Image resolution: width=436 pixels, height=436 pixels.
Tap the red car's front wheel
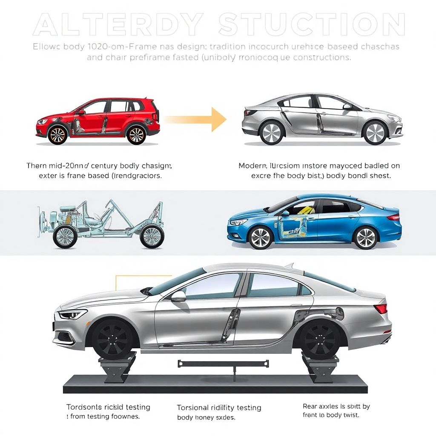57,134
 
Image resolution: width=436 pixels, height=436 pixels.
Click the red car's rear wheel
136,134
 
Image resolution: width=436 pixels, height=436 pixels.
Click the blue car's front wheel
261,237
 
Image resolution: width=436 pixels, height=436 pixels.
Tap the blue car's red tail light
393,217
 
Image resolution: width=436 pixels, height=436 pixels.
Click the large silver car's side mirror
178,296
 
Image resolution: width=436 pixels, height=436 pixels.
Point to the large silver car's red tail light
381,308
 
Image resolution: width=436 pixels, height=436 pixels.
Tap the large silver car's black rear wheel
320,339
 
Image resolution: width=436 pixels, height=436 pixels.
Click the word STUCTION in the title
310,26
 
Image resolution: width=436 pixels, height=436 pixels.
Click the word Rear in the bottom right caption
310,407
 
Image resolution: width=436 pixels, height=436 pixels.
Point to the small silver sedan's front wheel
375,132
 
